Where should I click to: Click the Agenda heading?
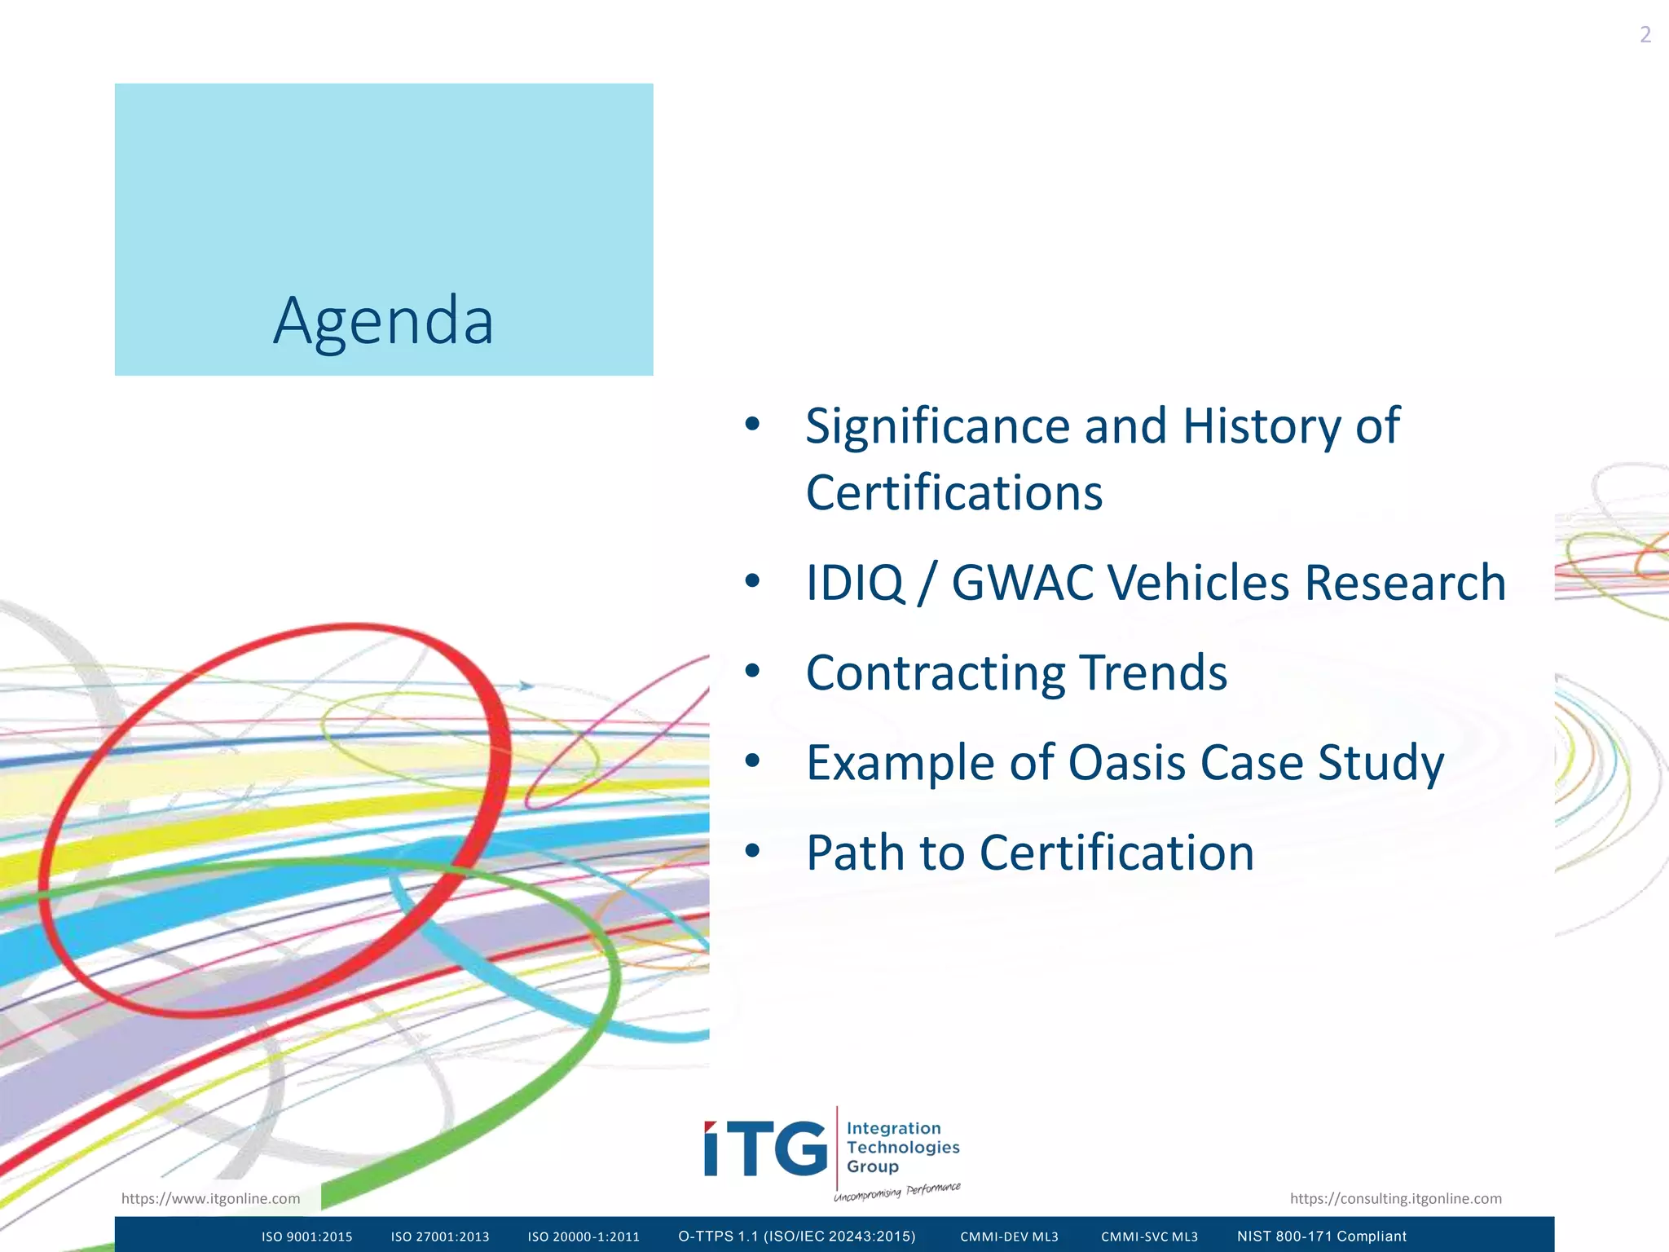[x=383, y=320]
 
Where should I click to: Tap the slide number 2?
[x=1645, y=35]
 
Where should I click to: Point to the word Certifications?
[x=953, y=494]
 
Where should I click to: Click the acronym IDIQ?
[x=854, y=584]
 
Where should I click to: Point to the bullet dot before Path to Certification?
[x=752, y=852]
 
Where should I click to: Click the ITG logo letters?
[x=765, y=1148]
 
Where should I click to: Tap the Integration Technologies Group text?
[x=901, y=1147]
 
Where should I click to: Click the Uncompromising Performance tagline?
[x=896, y=1192]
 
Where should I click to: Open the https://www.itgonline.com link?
[x=210, y=1198]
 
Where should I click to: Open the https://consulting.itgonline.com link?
[x=1395, y=1198]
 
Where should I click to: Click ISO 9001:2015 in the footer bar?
[x=306, y=1237]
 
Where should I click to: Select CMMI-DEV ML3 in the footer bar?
[x=1009, y=1237]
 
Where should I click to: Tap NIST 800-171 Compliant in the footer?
[x=1321, y=1237]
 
